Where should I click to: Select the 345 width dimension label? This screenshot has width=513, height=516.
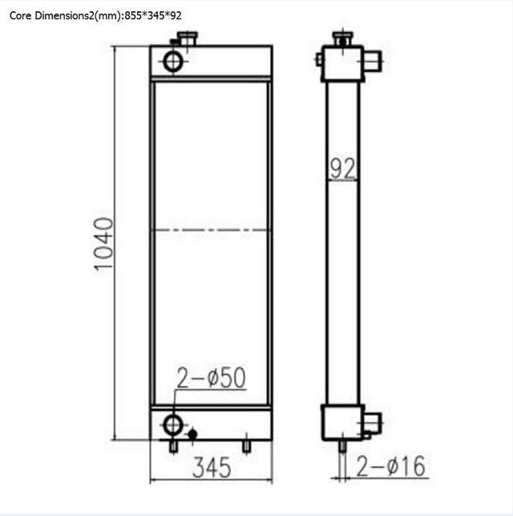click(211, 465)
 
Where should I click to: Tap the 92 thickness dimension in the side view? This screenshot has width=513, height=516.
click(342, 168)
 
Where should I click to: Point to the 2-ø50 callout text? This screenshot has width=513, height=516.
click(210, 378)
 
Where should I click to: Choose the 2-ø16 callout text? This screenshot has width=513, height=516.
click(390, 465)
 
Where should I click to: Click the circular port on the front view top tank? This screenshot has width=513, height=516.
click(173, 60)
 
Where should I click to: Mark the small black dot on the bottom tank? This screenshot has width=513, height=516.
click(193, 434)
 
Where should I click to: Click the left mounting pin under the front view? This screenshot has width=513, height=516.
click(173, 445)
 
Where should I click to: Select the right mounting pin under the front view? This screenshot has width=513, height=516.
click(247, 445)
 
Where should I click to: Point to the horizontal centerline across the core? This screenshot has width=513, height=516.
click(211, 230)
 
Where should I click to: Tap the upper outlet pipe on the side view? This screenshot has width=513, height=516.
click(372, 61)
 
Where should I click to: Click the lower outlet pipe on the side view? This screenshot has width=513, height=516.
click(372, 422)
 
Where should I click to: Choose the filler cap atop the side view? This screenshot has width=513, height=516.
click(342, 38)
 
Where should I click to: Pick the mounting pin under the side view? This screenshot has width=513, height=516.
click(342, 446)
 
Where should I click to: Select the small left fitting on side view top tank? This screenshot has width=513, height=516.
click(319, 59)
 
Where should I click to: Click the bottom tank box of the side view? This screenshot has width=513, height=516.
click(342, 422)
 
